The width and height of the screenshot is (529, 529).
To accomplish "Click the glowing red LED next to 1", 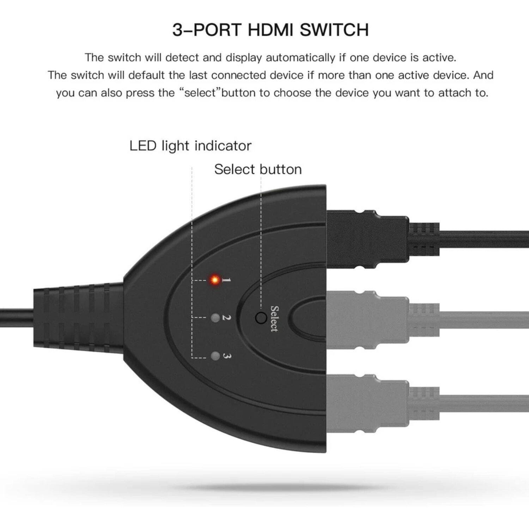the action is click(x=214, y=280).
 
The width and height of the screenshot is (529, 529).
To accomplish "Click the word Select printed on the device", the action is click(x=274, y=319).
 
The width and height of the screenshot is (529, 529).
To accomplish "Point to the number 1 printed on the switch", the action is click(x=226, y=280).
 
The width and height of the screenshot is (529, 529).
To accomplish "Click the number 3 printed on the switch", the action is click(x=227, y=356).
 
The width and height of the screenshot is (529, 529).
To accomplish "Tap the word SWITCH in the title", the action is click(x=334, y=30).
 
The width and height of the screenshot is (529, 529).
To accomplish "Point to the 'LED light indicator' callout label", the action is click(x=190, y=146).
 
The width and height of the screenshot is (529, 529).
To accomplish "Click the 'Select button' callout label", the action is click(x=258, y=169).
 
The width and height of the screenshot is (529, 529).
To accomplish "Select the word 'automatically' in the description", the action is click(x=300, y=57).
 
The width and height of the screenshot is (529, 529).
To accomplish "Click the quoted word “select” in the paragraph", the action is click(x=202, y=93).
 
